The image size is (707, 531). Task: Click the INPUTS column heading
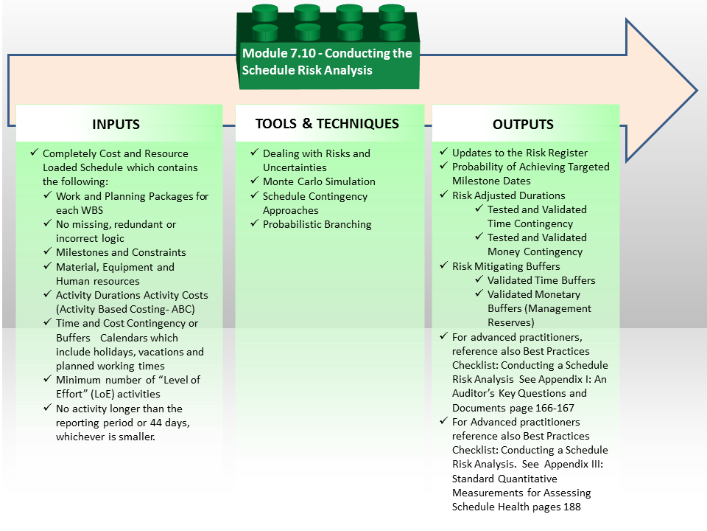(116, 124)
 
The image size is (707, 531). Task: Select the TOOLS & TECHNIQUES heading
(327, 124)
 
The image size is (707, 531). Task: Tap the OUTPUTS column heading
(523, 124)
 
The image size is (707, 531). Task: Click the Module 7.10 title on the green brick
(327, 61)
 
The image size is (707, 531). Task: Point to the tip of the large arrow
(697, 90)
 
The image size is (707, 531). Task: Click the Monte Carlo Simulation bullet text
(319, 181)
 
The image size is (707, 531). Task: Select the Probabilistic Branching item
(317, 224)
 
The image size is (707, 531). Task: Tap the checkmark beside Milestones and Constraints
(48, 251)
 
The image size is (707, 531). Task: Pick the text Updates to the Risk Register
(519, 153)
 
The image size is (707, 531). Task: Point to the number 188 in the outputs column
(571, 507)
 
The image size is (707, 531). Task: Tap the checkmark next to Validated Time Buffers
(479, 280)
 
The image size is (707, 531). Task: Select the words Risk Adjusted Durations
(509, 195)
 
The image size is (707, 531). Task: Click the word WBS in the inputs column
(92, 210)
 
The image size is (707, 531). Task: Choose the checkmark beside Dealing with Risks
(255, 153)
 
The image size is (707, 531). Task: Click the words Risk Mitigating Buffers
(506, 266)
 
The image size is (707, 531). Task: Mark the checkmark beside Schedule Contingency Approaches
(255, 195)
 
